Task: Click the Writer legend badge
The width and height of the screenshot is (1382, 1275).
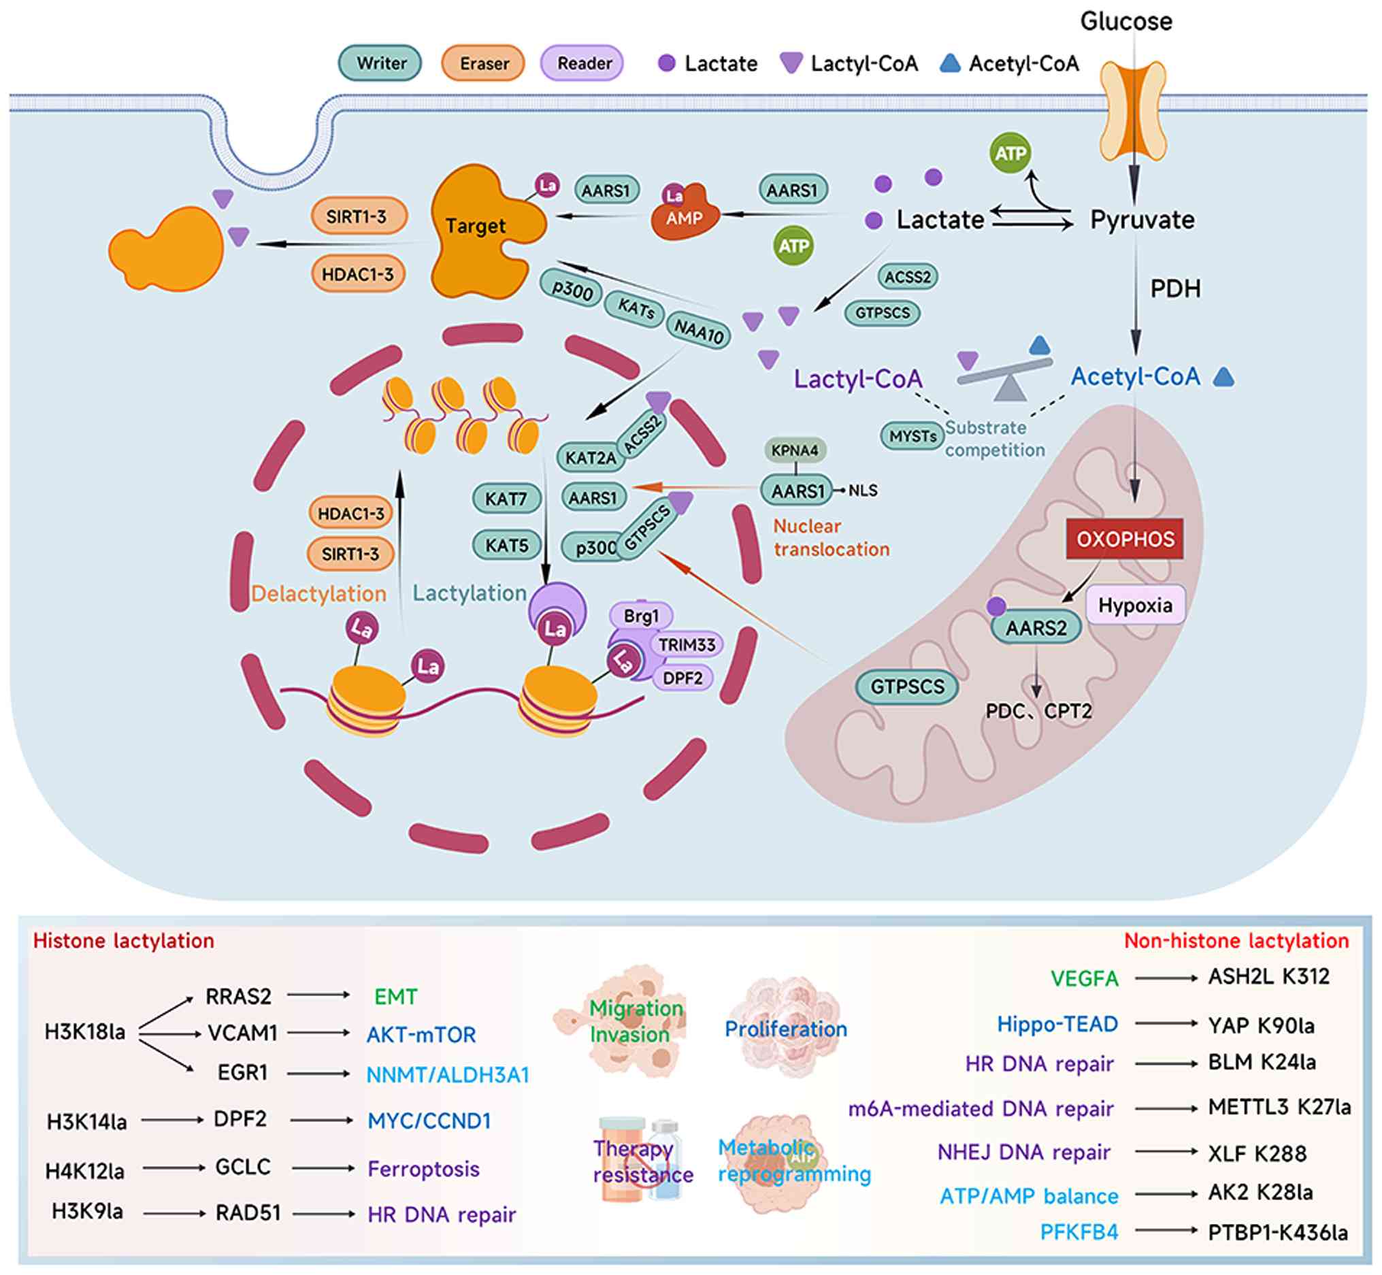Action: click(380, 63)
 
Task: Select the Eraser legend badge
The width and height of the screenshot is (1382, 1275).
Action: click(483, 63)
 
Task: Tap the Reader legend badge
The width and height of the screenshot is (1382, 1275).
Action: click(583, 63)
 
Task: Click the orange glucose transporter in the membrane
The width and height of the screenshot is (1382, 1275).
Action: click(1132, 110)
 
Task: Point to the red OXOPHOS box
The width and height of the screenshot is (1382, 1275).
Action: click(1125, 539)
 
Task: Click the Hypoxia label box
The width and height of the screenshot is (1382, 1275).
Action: click(1135, 605)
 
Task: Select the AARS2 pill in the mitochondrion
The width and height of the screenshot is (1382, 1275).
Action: click(1036, 628)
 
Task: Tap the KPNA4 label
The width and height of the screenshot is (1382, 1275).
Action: click(795, 450)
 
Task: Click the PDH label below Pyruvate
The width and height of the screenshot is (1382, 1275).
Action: click(1175, 288)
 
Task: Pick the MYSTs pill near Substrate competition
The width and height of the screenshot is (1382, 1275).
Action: click(912, 436)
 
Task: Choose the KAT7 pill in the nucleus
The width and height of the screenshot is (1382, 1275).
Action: click(506, 498)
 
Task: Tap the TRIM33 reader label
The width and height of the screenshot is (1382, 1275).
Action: click(686, 644)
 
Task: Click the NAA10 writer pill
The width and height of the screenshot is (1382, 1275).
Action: click(698, 331)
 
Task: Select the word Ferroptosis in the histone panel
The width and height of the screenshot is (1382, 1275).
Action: click(424, 1169)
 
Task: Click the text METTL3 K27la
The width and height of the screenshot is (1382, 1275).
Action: click(1279, 1107)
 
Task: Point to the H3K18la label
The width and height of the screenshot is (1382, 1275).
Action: click(85, 1032)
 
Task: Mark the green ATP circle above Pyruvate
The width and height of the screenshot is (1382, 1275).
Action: click(1010, 153)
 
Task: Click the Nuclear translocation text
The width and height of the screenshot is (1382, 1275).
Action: click(831, 537)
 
